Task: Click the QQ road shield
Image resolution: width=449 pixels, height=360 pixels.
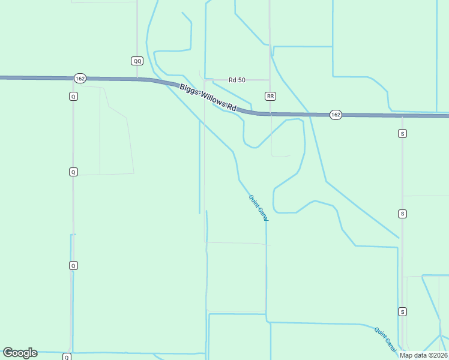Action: pyautogui.click(x=137, y=61)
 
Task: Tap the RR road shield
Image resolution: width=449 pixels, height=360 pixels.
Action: pyautogui.click(x=270, y=96)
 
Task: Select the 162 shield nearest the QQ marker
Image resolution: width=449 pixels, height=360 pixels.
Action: pyautogui.click(x=80, y=79)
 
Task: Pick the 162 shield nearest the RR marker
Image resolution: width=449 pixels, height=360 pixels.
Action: pyautogui.click(x=335, y=115)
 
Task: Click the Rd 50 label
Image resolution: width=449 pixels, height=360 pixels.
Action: pyautogui.click(x=237, y=80)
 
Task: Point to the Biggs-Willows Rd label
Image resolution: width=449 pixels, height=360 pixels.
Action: pyautogui.click(x=208, y=97)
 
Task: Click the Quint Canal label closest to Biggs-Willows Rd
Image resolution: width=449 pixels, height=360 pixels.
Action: pyautogui.click(x=259, y=208)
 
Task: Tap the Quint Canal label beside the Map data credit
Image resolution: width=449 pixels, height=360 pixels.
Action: pyautogui.click(x=385, y=338)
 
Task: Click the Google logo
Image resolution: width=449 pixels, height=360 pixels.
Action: pyautogui.click(x=20, y=353)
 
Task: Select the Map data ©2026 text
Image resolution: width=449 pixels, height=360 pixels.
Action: pyautogui.click(x=423, y=355)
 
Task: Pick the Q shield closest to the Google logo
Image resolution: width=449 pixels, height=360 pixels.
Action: pyautogui.click(x=67, y=357)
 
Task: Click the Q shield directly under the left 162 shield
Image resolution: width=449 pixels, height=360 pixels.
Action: pyautogui.click(x=73, y=96)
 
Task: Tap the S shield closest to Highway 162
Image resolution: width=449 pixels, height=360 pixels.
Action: pyautogui.click(x=402, y=133)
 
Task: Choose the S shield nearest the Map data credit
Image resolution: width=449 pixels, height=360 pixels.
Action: pyautogui.click(x=402, y=311)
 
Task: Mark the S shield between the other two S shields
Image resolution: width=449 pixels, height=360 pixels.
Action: pyautogui.click(x=402, y=214)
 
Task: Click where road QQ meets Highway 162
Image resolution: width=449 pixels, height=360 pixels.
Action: pyautogui.click(x=137, y=79)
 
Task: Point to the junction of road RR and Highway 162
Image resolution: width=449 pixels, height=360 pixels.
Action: pyautogui.click(x=270, y=113)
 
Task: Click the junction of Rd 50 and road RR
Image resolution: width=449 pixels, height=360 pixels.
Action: pyautogui.click(x=270, y=80)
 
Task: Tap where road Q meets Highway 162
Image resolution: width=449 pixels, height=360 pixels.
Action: pyautogui.click(x=73, y=78)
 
